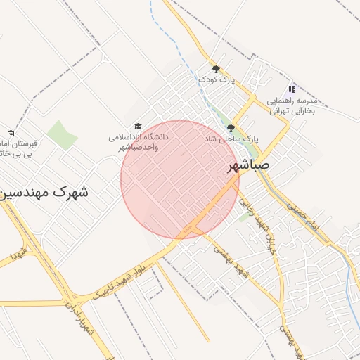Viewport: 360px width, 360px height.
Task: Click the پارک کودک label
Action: (216, 80)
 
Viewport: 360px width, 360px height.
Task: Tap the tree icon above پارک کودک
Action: (216, 69)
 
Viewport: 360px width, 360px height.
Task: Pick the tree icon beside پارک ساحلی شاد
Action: (231, 128)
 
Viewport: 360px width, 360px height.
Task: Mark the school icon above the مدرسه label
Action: (292, 89)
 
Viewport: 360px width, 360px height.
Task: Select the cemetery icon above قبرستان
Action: (10, 134)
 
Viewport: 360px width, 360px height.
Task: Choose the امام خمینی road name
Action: (302, 214)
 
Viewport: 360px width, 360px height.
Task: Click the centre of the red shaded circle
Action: (180, 179)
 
